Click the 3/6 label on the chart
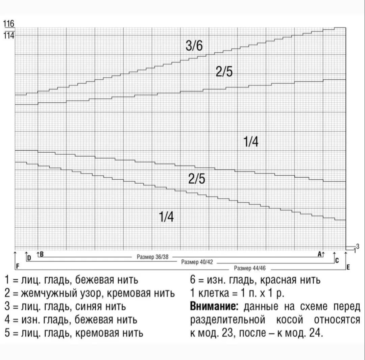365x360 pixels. pyautogui.click(x=194, y=45)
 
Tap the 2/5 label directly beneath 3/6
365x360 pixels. pyautogui.click(x=224, y=72)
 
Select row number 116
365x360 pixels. pyautogui.click(x=8, y=24)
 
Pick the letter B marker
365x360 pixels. pyautogui.click(x=42, y=254)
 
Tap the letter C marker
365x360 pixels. pyautogui.click(x=337, y=260)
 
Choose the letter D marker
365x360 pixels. pyautogui.click(x=29, y=258)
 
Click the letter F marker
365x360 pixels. pyautogui.click(x=18, y=266)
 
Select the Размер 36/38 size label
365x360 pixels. pyautogui.click(x=152, y=257)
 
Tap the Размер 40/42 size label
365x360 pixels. pyautogui.click(x=197, y=262)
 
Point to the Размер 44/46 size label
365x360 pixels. pyautogui.click(x=250, y=268)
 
